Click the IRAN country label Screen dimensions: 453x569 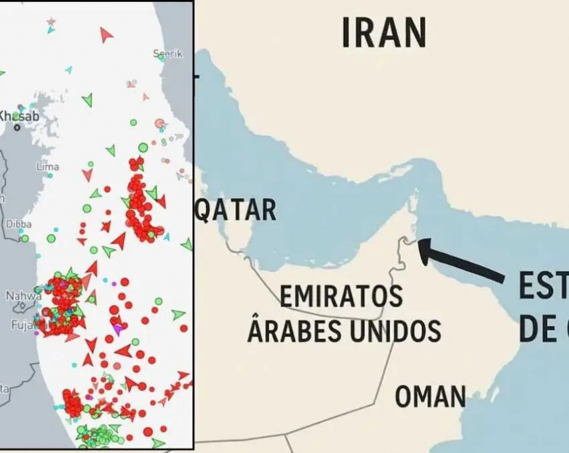point(384,33)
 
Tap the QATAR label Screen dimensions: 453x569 point(235,210)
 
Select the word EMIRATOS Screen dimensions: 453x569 point(341,296)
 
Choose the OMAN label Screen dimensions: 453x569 point(430,397)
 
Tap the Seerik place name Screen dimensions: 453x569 point(167,54)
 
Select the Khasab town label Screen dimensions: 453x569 point(19,117)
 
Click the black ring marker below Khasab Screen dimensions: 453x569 point(17,128)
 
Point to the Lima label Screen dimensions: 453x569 point(48,167)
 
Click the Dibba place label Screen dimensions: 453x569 point(19,224)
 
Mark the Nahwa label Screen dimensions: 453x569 point(23,295)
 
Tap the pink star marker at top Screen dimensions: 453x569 point(51,21)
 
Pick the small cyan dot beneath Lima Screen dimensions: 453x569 point(50,175)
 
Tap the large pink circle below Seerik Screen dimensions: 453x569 point(160,123)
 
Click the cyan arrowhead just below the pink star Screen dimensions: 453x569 point(50,30)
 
